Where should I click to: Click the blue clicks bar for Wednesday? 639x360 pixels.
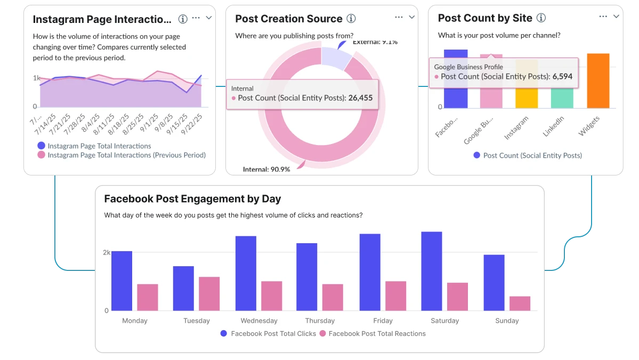[246, 273]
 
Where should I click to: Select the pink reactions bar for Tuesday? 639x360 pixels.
[209, 293]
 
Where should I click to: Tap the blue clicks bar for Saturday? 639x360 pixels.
[431, 271]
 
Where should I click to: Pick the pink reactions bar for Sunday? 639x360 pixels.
[520, 303]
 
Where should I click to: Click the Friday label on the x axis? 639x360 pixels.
[383, 321]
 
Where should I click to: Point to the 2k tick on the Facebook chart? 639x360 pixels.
[107, 252]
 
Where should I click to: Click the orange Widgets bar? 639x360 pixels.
[598, 81]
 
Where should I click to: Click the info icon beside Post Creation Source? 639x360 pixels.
[351, 19]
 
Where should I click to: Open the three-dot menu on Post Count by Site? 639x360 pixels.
[603, 17]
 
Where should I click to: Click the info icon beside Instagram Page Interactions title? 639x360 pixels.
[183, 19]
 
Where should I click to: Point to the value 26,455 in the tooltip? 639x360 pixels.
[360, 98]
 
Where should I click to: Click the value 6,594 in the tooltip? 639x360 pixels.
[563, 76]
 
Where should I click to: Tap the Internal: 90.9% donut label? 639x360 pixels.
[266, 169]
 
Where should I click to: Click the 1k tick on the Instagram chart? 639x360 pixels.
[36, 78]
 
